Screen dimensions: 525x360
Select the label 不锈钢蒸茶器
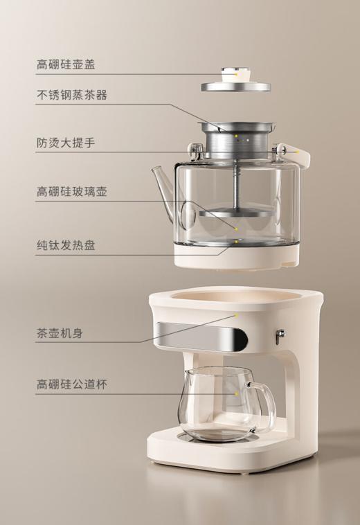click(x=71, y=95)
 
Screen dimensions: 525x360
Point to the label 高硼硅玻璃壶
click(x=71, y=191)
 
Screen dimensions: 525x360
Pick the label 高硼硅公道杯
click(x=71, y=383)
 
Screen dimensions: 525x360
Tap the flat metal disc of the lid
click(x=235, y=87)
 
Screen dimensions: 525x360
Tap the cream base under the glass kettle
click(x=235, y=258)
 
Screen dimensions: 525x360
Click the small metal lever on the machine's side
click(x=280, y=335)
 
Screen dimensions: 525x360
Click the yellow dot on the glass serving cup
click(x=236, y=393)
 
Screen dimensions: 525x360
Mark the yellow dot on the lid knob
click(x=236, y=72)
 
